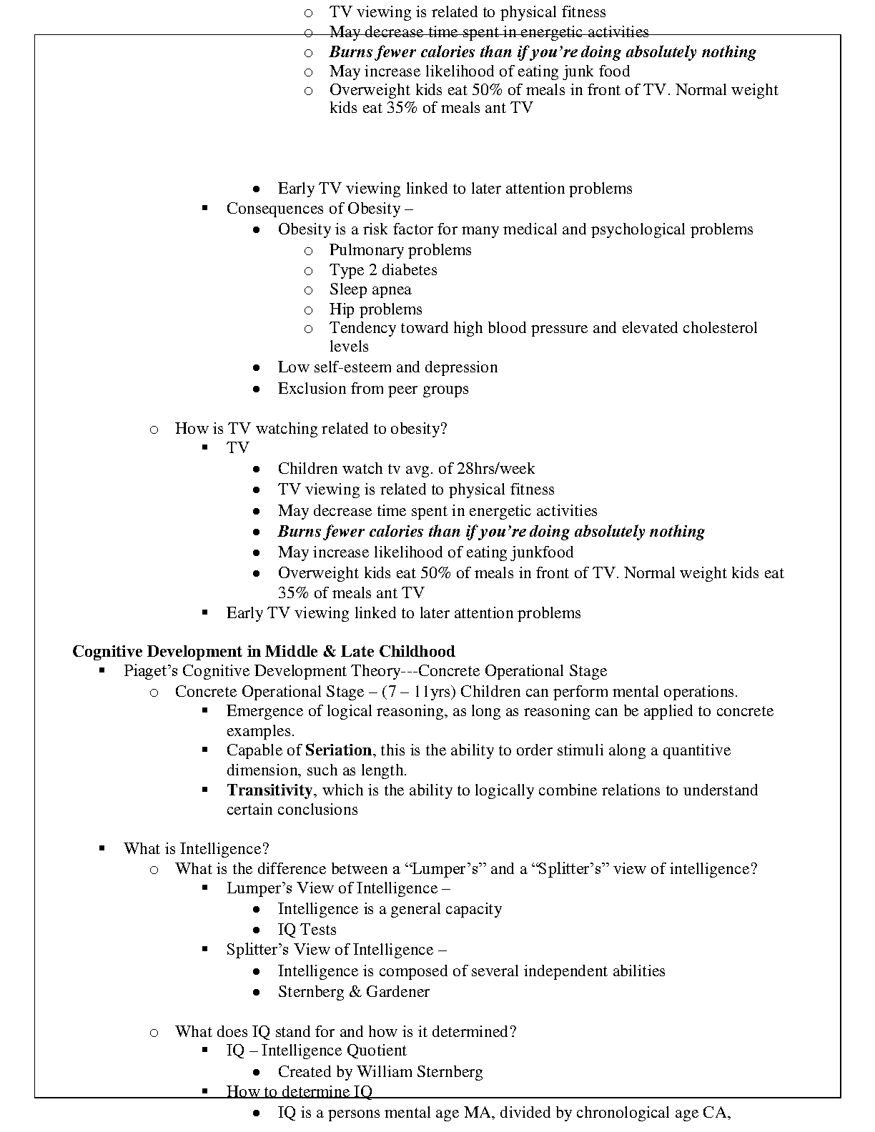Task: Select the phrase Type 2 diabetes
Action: [383, 270]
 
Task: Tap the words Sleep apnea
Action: [370, 289]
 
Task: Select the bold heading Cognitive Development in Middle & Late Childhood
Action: [264, 652]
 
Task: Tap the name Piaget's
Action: [151, 671]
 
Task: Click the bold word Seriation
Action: [338, 750]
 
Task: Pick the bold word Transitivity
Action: [270, 790]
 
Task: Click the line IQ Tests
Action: [307, 930]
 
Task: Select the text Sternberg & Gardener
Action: [354, 992]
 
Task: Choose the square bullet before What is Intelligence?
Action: [103, 848]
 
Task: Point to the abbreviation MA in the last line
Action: [475, 1113]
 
